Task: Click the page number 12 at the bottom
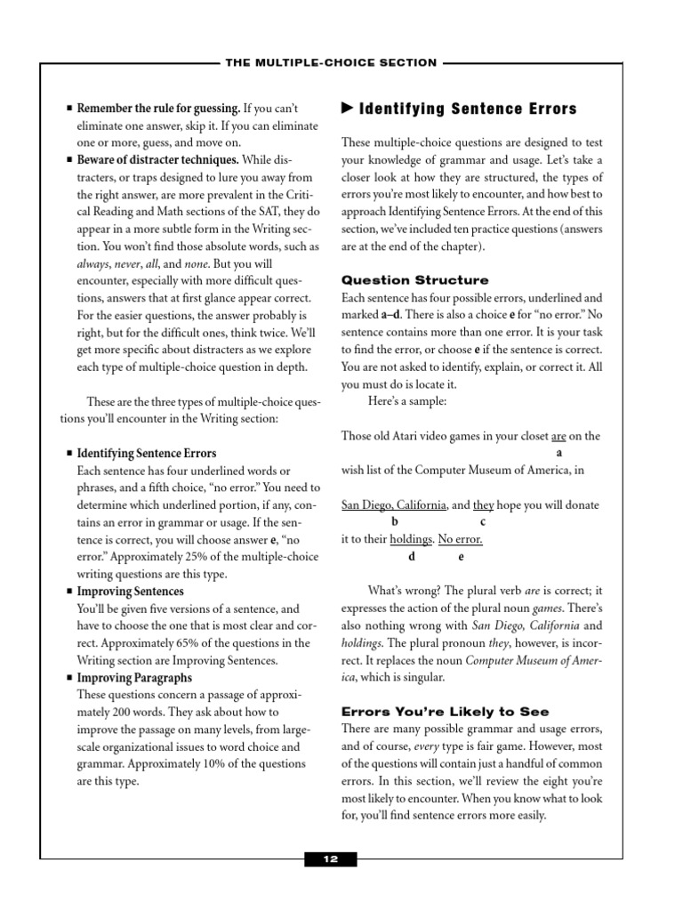(x=331, y=859)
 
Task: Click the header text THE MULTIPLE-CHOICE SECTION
(x=330, y=62)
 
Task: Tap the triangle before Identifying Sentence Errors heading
(x=347, y=109)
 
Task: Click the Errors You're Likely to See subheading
(x=445, y=711)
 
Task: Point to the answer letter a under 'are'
(x=558, y=453)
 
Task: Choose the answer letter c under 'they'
(x=483, y=522)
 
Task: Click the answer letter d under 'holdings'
(x=411, y=557)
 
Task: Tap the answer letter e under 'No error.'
(x=461, y=557)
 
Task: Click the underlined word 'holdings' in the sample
(x=412, y=539)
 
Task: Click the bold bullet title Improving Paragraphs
(x=134, y=678)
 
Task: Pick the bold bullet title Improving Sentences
(x=131, y=591)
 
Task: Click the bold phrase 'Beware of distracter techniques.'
(x=157, y=160)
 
